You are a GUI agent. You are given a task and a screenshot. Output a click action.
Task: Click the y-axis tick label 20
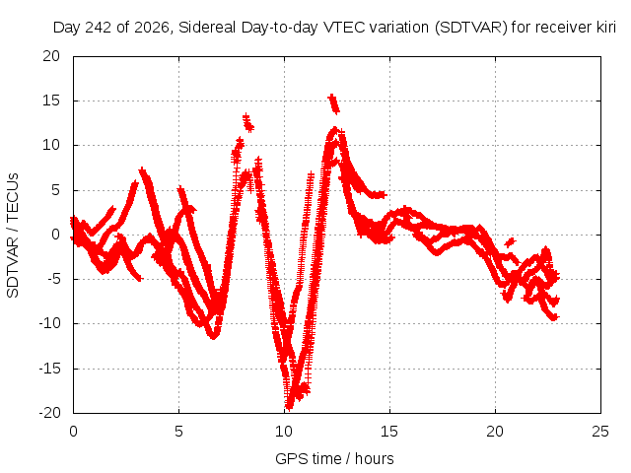51,56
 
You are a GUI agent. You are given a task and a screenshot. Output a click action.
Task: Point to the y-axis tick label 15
51,101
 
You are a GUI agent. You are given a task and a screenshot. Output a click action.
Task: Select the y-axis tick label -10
49,323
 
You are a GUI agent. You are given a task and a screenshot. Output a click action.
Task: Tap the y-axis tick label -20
49,413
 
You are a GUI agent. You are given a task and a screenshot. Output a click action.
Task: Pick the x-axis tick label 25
600,432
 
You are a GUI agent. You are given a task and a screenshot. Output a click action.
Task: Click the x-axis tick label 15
389,432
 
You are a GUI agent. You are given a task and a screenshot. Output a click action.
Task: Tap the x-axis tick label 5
178,432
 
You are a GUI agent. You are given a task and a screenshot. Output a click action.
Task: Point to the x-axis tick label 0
73,432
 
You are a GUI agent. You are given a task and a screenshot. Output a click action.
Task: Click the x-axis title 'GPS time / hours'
334,458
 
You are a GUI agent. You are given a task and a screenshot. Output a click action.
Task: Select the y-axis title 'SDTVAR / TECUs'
13,236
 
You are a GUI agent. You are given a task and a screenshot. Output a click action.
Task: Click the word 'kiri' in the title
606,28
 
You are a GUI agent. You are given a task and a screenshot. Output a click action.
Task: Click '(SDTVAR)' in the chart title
471,28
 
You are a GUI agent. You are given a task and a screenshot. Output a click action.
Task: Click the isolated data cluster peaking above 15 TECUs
334,103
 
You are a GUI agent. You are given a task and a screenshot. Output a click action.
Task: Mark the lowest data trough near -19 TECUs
289,404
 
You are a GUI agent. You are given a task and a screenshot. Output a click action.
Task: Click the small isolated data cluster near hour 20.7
510,241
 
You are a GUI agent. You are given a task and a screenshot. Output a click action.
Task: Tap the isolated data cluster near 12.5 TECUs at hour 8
247,123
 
